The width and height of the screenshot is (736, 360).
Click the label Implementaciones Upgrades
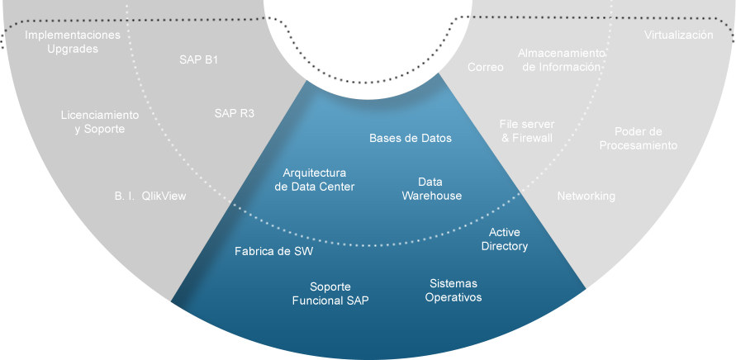73,42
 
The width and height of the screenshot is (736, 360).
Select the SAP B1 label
198,59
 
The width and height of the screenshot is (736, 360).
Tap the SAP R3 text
234,112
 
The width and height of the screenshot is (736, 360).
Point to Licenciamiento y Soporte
100,122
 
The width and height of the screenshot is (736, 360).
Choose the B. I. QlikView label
150,197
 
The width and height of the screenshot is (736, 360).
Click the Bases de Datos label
411,138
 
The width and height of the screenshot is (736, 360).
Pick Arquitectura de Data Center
314,180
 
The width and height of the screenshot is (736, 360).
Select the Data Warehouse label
431,188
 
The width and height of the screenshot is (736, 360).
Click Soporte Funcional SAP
330,294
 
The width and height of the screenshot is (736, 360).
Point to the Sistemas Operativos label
453,290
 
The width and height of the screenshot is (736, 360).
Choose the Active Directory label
505,239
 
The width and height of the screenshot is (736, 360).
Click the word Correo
486,67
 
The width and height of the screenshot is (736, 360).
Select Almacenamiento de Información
562,59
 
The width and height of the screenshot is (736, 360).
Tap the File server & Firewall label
527,130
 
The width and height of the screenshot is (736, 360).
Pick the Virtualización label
678,36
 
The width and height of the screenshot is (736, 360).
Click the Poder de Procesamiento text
639,138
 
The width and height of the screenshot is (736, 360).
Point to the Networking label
586,196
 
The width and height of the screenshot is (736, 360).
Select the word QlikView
164,197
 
